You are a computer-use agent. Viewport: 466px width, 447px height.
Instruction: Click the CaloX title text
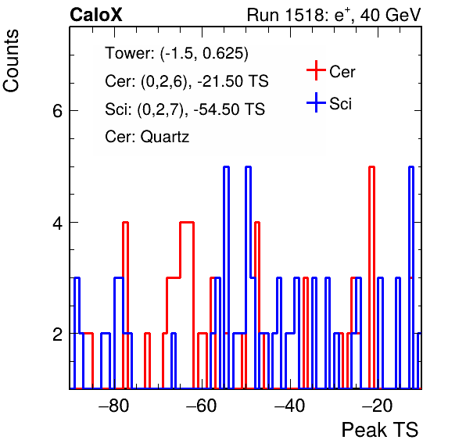tap(96, 15)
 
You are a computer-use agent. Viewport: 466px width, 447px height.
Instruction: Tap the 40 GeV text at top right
tap(390, 15)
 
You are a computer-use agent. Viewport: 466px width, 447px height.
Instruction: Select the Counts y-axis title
tap(11, 61)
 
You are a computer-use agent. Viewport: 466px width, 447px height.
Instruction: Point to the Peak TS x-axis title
tap(380, 430)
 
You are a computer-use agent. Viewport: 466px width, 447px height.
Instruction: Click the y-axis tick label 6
tap(57, 111)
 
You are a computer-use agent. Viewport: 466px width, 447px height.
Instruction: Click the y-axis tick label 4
tap(57, 223)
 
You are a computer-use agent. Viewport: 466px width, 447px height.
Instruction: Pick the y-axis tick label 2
tap(57, 334)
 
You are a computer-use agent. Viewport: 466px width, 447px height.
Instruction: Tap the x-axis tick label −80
tap(114, 405)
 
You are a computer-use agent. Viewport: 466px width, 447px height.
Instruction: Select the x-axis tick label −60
tap(202, 405)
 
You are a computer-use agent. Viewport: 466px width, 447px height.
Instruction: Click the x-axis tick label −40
tap(289, 405)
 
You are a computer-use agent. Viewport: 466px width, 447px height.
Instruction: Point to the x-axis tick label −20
tap(377, 405)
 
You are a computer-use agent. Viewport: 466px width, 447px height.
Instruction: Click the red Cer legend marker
tap(316, 70)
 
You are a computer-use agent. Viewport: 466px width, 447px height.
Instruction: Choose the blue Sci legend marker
tap(316, 102)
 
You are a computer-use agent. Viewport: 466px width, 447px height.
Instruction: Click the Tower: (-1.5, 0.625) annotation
tap(177, 53)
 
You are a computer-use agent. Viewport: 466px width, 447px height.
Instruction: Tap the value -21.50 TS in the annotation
tap(233, 81)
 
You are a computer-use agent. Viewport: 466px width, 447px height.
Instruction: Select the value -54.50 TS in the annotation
tap(229, 109)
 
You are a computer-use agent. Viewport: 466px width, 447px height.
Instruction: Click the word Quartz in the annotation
tap(165, 138)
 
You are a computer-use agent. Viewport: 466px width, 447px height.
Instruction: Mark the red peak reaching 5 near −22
tap(371, 167)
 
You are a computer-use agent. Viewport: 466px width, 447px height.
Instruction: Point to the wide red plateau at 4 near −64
tap(187, 222)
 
